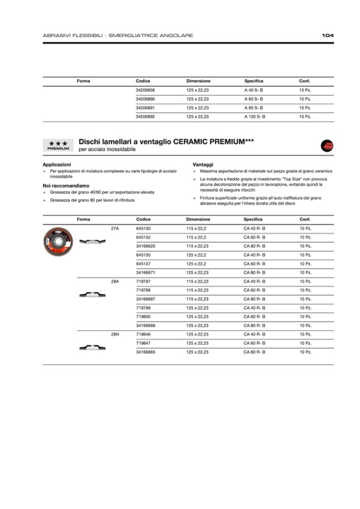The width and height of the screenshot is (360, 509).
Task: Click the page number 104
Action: [x=328, y=36]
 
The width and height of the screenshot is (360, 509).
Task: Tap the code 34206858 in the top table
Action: [x=145, y=90]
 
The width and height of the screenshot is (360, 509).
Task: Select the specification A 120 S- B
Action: [x=254, y=116]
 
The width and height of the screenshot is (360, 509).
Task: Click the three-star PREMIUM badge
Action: [x=58, y=145]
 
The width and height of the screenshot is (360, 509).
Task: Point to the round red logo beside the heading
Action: [x=327, y=145]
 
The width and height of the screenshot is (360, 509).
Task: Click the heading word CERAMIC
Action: [x=192, y=142]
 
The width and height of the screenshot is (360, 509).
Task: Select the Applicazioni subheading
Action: [x=56, y=165]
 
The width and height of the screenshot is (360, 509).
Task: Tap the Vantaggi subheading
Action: [x=203, y=165]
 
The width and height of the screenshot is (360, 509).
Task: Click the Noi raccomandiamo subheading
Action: [x=66, y=186]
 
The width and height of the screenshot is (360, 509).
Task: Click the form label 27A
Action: [x=115, y=228]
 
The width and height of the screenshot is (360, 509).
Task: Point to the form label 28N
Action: [x=115, y=334]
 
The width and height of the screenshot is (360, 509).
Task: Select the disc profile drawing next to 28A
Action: [x=92, y=295]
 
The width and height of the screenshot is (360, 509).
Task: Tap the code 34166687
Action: [x=145, y=299]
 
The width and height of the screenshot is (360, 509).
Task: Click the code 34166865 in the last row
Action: [x=145, y=352]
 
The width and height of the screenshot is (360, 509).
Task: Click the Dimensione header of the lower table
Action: [x=198, y=219]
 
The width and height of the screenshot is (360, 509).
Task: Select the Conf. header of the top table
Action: [x=304, y=81]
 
